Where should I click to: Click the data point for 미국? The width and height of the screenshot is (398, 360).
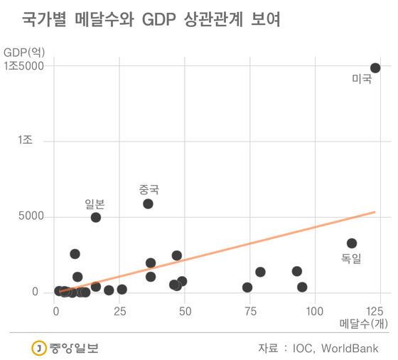[375, 68]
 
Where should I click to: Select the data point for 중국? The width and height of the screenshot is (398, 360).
[148, 203]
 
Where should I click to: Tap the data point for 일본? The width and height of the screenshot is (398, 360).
[96, 218]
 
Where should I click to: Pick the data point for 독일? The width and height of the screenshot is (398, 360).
[352, 243]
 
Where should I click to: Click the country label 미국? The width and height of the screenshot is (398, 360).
[362, 79]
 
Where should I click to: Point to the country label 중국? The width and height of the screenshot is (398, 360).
[149, 190]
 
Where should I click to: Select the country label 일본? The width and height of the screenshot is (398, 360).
[95, 204]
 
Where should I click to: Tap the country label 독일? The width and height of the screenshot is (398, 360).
[351, 258]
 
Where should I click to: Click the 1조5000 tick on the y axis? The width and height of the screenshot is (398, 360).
[24, 66]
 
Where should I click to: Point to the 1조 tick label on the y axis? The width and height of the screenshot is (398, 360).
[25, 140]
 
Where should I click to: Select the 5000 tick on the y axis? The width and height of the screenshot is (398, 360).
[31, 216]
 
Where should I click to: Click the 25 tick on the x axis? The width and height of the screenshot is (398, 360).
[120, 311]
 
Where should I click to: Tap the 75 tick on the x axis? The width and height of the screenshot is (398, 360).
[250, 311]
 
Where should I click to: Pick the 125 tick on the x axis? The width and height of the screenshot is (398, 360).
[375, 311]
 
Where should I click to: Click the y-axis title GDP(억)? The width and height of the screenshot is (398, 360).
[24, 53]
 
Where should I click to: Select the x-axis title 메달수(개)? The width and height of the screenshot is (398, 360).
[364, 324]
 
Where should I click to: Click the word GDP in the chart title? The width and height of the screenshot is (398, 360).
[159, 19]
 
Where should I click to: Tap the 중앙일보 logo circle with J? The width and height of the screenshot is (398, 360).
[39, 348]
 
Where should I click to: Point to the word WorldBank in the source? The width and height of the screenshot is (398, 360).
[350, 349]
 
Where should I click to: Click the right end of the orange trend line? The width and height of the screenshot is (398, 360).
[375, 212]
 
